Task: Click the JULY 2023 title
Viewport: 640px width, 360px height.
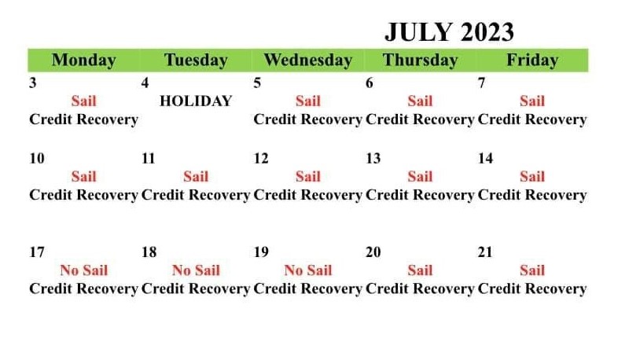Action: pyautogui.click(x=449, y=32)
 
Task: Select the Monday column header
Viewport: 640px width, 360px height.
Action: pyautogui.click(x=83, y=61)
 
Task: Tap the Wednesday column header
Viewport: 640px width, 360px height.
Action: pyautogui.click(x=307, y=60)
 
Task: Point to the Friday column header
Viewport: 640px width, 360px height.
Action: pyautogui.click(x=532, y=60)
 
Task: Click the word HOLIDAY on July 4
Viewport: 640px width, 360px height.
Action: pyautogui.click(x=196, y=101)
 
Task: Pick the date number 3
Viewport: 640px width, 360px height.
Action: pyautogui.click(x=33, y=83)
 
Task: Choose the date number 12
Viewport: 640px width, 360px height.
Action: pyautogui.click(x=261, y=158)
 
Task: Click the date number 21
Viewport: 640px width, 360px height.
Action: pyautogui.click(x=485, y=252)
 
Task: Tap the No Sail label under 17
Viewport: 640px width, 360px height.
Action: pyautogui.click(x=83, y=270)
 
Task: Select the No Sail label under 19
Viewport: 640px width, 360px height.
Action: pyautogui.click(x=307, y=270)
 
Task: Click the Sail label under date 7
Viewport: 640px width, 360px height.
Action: pyautogui.click(x=532, y=101)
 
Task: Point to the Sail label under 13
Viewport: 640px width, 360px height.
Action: pyautogui.click(x=420, y=176)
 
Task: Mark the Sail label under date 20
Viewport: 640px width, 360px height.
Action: pyautogui.click(x=420, y=270)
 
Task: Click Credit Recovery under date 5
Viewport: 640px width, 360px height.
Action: pyautogui.click(x=307, y=119)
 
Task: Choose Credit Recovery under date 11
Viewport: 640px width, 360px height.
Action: pyautogui.click(x=196, y=195)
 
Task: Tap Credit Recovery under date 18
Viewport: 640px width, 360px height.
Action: pyautogui.click(x=196, y=289)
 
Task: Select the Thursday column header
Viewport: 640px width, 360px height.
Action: pyautogui.click(x=420, y=61)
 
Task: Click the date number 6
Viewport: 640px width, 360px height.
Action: pyautogui.click(x=369, y=83)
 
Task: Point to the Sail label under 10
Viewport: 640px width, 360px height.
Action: pyautogui.click(x=83, y=176)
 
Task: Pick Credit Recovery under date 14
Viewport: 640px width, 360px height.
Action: pyautogui.click(x=532, y=195)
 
